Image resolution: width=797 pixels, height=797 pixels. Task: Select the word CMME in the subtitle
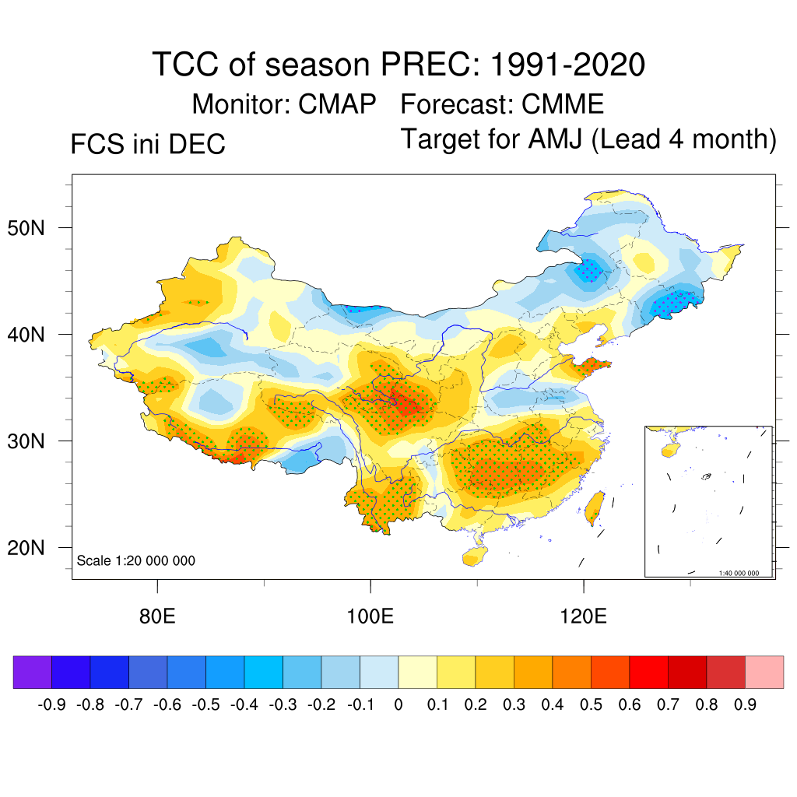click(563, 104)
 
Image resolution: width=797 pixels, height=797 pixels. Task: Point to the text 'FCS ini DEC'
click(148, 144)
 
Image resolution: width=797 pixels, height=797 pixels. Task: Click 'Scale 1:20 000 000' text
click(136, 560)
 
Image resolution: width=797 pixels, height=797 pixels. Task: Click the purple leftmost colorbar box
click(32, 672)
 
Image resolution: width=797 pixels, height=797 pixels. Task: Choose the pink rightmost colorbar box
click(764, 672)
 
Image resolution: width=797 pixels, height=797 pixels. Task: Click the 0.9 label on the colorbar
click(746, 705)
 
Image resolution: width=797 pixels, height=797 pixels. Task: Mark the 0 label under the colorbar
click(398, 705)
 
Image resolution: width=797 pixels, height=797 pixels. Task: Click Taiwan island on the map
click(595, 505)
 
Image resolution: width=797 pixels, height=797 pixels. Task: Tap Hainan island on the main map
click(472, 556)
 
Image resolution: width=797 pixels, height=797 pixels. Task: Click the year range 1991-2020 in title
click(567, 65)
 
